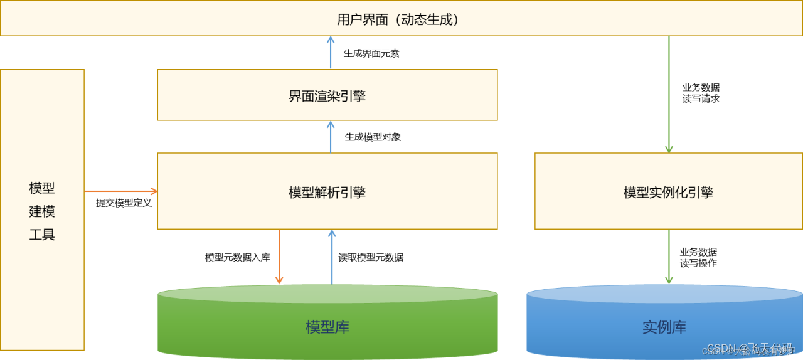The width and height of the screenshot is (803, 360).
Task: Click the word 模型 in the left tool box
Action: coord(42,188)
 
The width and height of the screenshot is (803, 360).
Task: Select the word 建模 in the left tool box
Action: coord(42,211)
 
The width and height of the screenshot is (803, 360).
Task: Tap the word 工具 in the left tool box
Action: coord(42,235)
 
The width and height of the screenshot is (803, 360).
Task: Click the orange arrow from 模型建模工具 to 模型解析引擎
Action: coord(120,191)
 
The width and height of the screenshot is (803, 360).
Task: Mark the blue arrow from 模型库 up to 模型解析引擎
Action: coord(332,257)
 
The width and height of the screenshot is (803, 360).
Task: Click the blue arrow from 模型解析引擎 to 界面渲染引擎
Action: coord(331,137)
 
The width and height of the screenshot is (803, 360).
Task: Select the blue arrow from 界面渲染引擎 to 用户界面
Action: coord(331,53)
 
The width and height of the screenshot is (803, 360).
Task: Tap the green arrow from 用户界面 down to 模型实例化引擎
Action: coord(669,94)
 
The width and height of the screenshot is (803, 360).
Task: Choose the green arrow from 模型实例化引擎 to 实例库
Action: coord(669,256)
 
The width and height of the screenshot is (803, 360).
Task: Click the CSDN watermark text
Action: coord(749,348)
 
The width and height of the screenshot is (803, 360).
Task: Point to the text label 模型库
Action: coord(327,327)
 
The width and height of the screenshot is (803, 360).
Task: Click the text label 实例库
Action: coord(664,327)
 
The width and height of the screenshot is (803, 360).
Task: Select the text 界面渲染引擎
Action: coord(327,96)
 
